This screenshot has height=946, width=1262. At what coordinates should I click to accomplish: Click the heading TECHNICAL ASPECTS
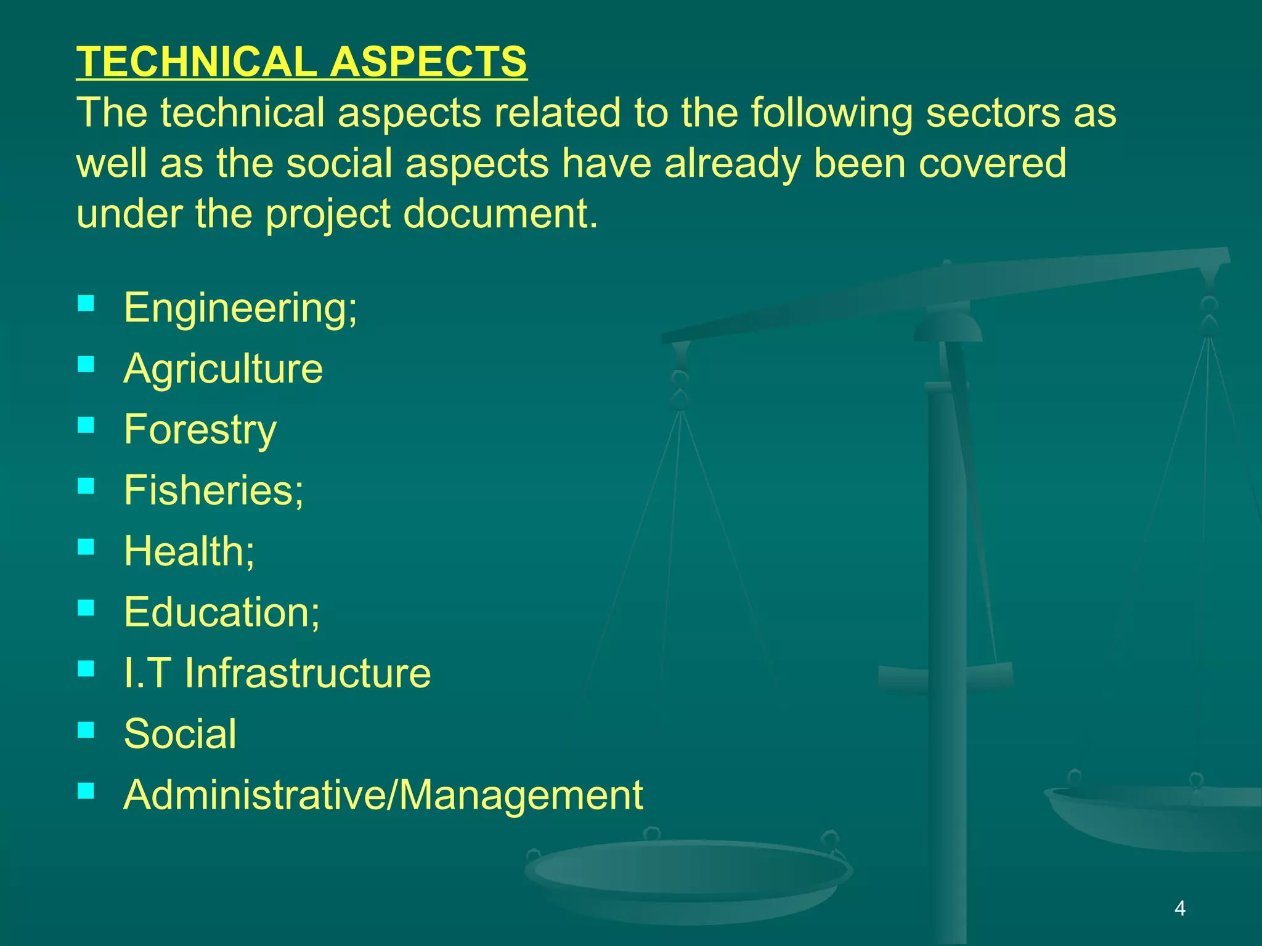[x=301, y=62]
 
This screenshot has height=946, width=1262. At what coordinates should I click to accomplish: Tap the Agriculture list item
[x=223, y=368]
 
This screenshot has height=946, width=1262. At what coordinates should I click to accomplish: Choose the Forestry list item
[x=200, y=429]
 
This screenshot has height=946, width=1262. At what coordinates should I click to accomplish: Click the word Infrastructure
[x=307, y=673]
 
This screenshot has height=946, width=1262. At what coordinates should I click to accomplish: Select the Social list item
[x=180, y=734]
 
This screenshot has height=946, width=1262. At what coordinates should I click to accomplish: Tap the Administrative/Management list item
[x=383, y=794]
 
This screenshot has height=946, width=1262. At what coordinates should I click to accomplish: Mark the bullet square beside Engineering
[x=86, y=303]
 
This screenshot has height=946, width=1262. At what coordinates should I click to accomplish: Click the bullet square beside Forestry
[x=86, y=425]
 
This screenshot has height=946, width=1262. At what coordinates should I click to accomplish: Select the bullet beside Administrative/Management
[x=86, y=790]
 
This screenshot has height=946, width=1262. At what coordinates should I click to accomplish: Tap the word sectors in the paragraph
[x=994, y=113]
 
